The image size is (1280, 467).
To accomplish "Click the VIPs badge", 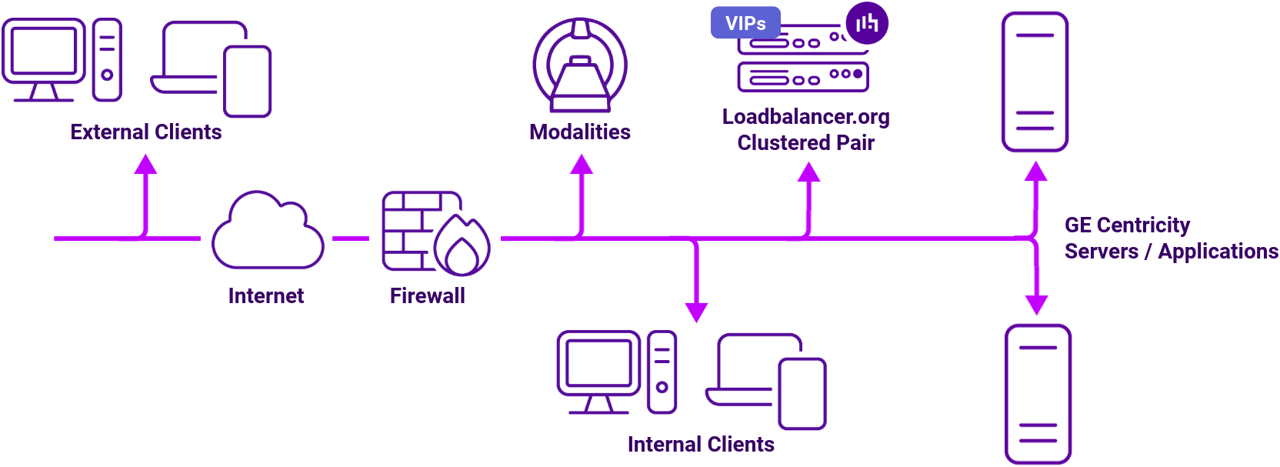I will [745, 23].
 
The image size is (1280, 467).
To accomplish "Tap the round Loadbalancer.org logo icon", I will [867, 23].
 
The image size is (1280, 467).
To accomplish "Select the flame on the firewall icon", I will [462, 246].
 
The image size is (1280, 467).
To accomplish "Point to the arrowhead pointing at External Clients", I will [145, 164].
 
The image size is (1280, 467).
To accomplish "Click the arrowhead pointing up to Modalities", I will [582, 164].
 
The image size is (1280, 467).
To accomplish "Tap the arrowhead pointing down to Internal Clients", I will [696, 312].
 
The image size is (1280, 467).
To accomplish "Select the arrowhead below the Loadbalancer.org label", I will [808, 172].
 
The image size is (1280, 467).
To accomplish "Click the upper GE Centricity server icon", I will [1035, 82].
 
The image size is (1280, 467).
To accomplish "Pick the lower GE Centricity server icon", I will [1038, 394].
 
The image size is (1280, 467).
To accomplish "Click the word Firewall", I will [427, 296].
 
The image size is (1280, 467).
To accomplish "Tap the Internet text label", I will [266, 296].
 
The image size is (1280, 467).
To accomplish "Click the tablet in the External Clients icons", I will [247, 82].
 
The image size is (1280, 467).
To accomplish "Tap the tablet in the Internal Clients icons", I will [802, 394].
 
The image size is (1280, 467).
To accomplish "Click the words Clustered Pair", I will [805, 143].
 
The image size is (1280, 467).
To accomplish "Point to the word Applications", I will [1218, 252].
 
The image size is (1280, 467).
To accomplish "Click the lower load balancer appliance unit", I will [802, 77].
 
